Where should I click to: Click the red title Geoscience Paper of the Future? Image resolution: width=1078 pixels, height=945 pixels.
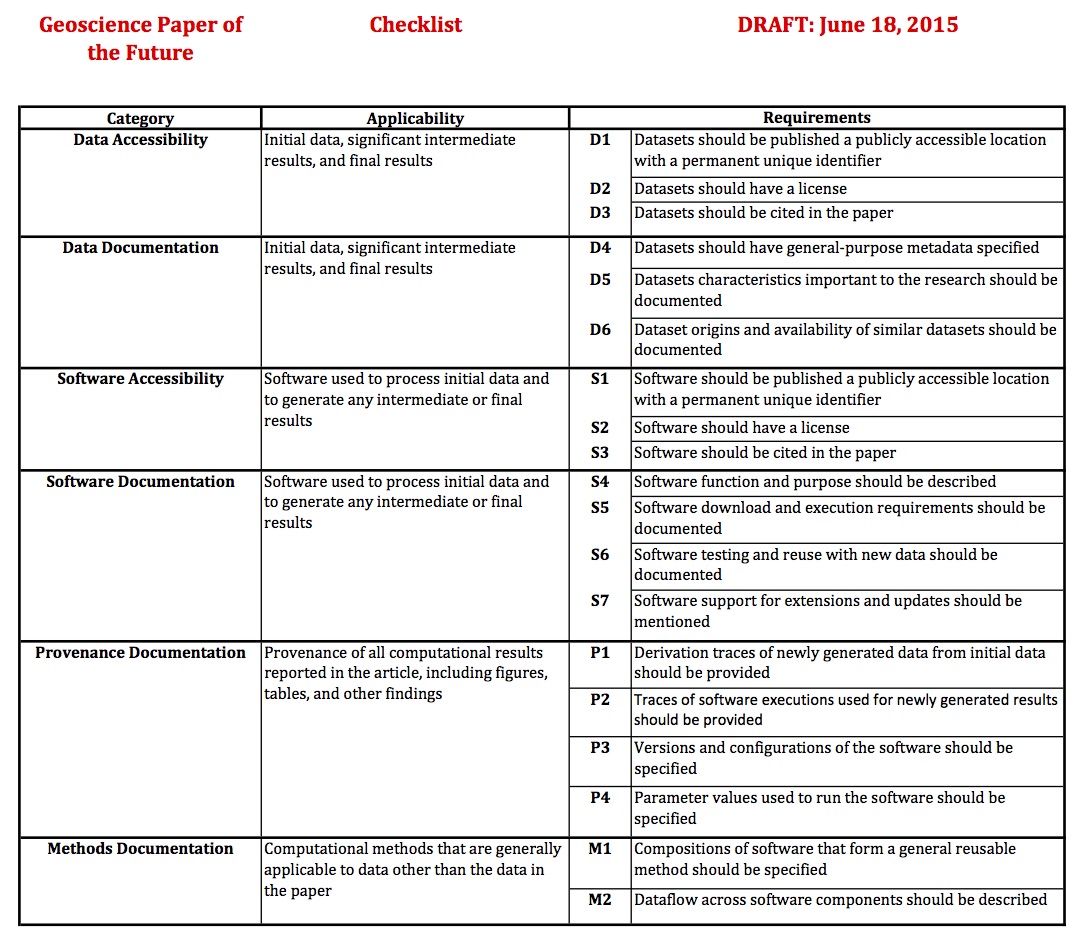click(x=140, y=38)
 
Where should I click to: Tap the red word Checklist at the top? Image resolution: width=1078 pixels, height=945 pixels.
click(x=415, y=25)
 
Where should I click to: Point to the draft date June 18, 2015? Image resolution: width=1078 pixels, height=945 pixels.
click(x=847, y=25)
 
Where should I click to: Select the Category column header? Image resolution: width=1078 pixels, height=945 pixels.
click(x=140, y=118)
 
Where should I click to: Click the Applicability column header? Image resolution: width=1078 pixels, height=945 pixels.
click(x=415, y=118)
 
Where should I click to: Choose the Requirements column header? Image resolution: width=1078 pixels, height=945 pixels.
click(x=817, y=118)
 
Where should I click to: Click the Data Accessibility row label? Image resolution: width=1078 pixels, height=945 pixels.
click(x=140, y=140)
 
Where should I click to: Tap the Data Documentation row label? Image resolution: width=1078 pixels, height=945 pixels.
click(x=140, y=248)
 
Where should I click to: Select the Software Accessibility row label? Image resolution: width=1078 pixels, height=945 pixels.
click(x=140, y=379)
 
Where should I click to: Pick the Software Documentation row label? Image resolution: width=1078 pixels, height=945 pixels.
click(x=140, y=482)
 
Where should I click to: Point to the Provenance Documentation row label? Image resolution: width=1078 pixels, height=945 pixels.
click(x=140, y=653)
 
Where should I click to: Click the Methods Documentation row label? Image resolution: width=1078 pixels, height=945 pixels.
click(x=140, y=849)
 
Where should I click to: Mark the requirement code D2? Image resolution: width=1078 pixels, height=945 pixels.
click(x=600, y=189)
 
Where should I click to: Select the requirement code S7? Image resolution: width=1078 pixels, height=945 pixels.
click(x=600, y=601)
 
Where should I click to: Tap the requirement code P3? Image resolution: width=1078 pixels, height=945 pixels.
click(x=600, y=748)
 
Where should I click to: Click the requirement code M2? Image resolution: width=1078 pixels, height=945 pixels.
click(x=600, y=900)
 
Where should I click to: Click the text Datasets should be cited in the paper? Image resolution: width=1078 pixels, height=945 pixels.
click(x=763, y=213)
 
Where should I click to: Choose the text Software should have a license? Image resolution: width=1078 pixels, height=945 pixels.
click(x=741, y=428)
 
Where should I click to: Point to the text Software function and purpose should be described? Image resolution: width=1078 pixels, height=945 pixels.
click(x=815, y=482)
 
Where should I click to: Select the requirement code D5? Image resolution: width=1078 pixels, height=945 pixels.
click(x=600, y=280)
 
